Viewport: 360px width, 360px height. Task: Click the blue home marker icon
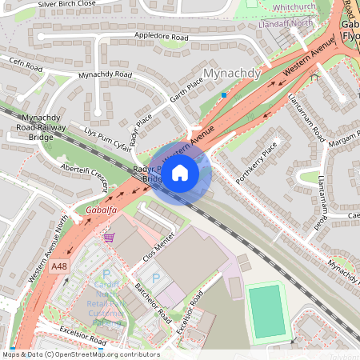(x=180, y=173)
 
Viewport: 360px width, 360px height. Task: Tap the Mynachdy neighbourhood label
(x=233, y=74)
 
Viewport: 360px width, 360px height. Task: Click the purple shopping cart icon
(x=109, y=238)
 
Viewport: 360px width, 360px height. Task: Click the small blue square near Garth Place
(x=225, y=94)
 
